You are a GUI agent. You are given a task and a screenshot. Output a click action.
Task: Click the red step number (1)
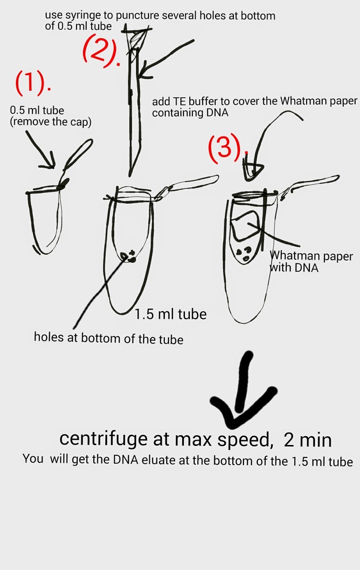33,83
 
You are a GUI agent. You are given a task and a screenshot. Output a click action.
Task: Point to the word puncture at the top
138,16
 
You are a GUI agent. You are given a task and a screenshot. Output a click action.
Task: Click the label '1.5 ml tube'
170,314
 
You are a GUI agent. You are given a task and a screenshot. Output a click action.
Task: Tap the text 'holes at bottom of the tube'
108,338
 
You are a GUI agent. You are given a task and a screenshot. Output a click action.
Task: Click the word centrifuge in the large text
103,439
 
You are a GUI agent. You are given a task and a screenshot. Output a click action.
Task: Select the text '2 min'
308,440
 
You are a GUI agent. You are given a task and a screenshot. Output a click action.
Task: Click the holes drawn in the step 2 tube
128,256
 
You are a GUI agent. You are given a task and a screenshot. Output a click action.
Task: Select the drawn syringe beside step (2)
134,99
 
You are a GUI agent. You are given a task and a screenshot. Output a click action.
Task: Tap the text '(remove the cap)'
51,122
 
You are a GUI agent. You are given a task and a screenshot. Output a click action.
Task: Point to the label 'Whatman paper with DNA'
311,262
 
